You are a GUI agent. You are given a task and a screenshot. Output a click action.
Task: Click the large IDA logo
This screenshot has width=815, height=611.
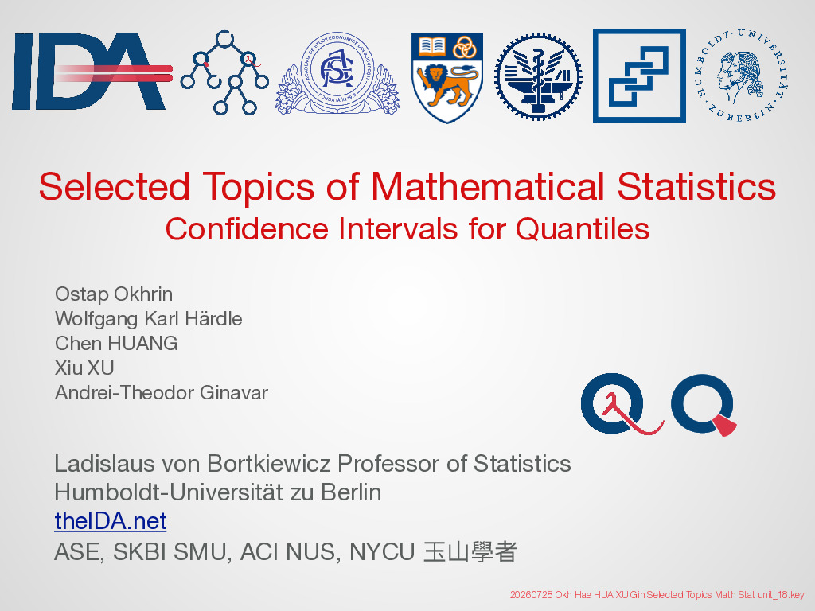tap(91, 71)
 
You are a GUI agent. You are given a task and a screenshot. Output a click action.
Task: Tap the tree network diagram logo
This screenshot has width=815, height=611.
tap(224, 72)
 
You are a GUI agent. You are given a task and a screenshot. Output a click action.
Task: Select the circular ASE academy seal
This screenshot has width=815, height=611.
tap(337, 73)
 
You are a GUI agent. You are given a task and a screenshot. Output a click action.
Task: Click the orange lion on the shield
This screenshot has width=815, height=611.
tap(449, 84)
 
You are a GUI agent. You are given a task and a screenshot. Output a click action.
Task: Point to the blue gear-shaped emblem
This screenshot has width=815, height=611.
tap(538, 77)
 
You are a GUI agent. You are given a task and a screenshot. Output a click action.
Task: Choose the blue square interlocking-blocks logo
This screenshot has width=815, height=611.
tap(639, 76)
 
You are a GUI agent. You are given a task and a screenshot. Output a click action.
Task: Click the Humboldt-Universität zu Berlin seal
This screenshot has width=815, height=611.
tap(742, 76)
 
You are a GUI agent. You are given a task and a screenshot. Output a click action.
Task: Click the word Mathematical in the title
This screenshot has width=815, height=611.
tap(488, 186)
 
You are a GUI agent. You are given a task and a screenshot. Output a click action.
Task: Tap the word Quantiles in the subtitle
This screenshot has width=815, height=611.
tap(582, 228)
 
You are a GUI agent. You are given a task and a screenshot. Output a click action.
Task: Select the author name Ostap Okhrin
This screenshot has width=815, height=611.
tap(114, 294)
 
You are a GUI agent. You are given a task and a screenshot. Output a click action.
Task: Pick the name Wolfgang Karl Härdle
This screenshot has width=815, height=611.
tap(149, 318)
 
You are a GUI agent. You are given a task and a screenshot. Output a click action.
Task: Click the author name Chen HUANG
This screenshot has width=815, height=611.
tap(116, 344)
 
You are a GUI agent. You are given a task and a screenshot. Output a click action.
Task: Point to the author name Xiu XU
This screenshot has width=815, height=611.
tap(84, 368)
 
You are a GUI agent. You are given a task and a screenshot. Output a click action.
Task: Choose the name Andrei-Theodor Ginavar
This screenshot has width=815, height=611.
tap(162, 392)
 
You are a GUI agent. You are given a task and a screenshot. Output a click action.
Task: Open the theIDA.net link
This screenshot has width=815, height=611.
tap(110, 520)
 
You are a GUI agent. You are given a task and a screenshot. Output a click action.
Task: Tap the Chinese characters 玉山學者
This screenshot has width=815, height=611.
tap(470, 552)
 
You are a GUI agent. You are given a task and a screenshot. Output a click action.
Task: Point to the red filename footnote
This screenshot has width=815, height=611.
tap(657, 595)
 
